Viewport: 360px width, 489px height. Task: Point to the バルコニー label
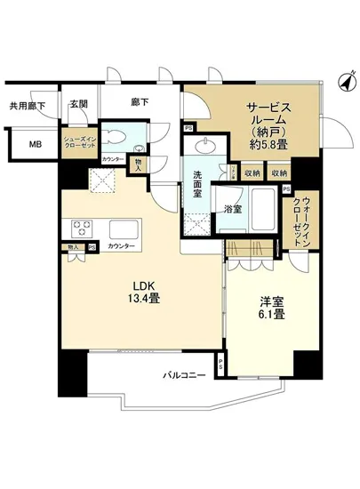point(184,377)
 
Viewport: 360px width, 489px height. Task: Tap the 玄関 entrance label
point(77,103)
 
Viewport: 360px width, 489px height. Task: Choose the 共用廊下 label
point(28,104)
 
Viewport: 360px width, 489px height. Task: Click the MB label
point(34,146)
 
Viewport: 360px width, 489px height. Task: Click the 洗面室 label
point(196,185)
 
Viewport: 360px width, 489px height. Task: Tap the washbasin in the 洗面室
point(210,148)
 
